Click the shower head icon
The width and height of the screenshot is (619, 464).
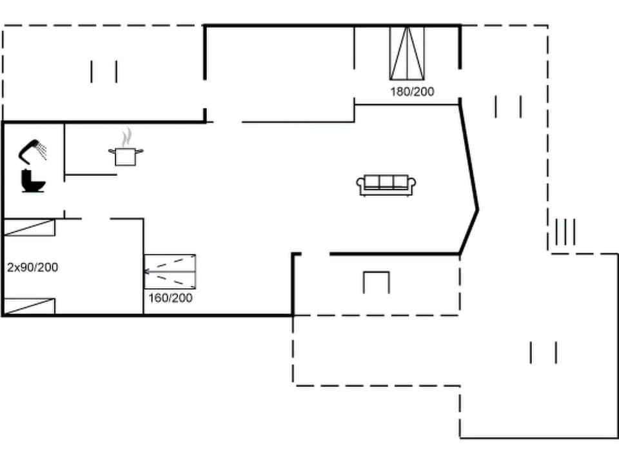coord(32,151)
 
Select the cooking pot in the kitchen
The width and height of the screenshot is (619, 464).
coord(126,156)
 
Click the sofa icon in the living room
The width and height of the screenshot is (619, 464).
coord(387,185)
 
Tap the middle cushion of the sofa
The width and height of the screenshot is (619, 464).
coord(387,182)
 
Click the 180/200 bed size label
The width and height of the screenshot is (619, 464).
coord(412,92)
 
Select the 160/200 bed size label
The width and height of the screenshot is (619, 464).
coord(170,298)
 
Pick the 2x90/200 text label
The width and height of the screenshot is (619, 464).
coord(32,267)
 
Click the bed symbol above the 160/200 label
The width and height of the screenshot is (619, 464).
coord(170,271)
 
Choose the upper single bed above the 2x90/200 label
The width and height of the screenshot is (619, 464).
coord(29,227)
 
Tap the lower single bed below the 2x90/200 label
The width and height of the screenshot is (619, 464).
coord(29,305)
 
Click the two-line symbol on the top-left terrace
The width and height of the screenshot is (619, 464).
coord(104,72)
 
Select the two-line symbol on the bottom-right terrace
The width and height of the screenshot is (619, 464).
coord(543,353)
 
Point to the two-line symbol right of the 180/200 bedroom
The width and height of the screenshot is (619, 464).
coord(508,106)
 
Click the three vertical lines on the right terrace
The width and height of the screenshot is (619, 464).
coord(565,232)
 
